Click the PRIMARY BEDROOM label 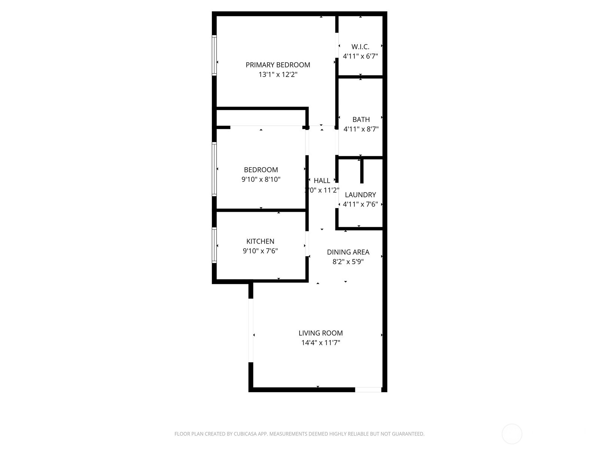[x=278, y=65]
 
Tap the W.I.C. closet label [x=360, y=47]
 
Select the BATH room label [x=361, y=119]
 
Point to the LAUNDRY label [x=360, y=195]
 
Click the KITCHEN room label [x=260, y=241]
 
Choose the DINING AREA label [x=348, y=252]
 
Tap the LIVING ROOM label [x=320, y=333]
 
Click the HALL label [x=322, y=180]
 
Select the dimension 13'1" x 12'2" [x=278, y=74]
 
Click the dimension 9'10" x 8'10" [x=261, y=179]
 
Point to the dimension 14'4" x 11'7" [x=320, y=343]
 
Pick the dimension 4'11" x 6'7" [x=360, y=56]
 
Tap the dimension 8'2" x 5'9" [x=348, y=262]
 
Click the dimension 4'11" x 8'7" [x=361, y=129]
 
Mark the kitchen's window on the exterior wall [x=215, y=245]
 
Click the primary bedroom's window [x=215, y=55]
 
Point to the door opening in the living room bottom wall [x=368, y=390]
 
